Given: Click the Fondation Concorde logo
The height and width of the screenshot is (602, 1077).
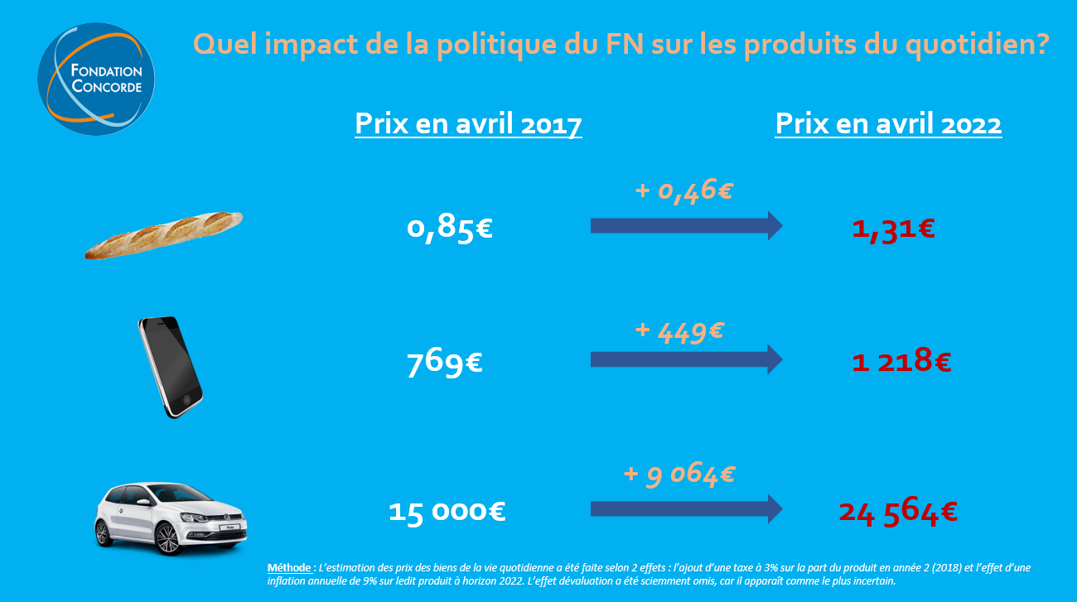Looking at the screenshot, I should pos(96,79).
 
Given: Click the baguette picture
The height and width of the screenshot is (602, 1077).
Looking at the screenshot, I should pos(164,234).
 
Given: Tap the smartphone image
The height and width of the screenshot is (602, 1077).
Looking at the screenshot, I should pos(170,366).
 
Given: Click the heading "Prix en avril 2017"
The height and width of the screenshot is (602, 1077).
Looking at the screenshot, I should pos(468,124).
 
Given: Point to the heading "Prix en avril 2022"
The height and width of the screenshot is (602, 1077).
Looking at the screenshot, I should pos(888,124).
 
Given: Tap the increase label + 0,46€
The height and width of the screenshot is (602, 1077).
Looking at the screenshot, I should pos(683,190).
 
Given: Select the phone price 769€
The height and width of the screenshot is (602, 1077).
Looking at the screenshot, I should pos(445,362).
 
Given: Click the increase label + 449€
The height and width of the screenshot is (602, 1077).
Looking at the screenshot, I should pos(679,331).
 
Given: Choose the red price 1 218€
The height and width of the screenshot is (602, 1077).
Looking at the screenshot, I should pos(901,361).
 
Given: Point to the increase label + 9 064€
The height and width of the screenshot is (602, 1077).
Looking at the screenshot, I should pos(679,474).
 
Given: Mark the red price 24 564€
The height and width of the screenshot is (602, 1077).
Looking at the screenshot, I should pos(898,512).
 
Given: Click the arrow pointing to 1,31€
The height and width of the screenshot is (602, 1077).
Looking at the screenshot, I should pos(686,225).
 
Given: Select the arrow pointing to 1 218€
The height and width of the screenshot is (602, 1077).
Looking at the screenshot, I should pos(686,359).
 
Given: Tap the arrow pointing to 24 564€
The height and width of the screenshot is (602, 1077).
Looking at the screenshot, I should pos(686,508).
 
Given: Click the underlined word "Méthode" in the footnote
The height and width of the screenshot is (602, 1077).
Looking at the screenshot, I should pos(289,568).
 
